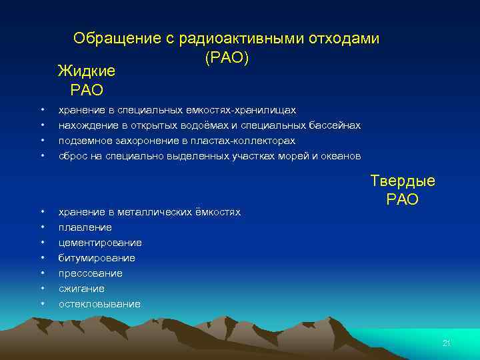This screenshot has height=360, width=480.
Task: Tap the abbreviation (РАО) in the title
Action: [x=227, y=59]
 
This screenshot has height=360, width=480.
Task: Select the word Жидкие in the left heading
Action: [x=87, y=71]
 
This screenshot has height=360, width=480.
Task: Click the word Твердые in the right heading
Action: [x=403, y=181]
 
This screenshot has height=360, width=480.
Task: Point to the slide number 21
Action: [x=447, y=343]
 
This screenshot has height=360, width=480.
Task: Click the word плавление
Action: [x=85, y=227]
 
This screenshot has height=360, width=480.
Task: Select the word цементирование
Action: [x=100, y=243]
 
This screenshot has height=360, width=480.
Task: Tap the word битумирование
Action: [x=97, y=258]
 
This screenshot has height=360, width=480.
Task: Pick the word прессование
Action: [x=91, y=273]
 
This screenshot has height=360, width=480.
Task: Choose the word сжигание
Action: [x=81, y=289]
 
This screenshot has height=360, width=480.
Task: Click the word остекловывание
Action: [x=99, y=304]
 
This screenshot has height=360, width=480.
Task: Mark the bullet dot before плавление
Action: [x=42, y=227]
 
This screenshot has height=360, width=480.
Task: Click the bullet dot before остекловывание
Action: [x=42, y=304]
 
